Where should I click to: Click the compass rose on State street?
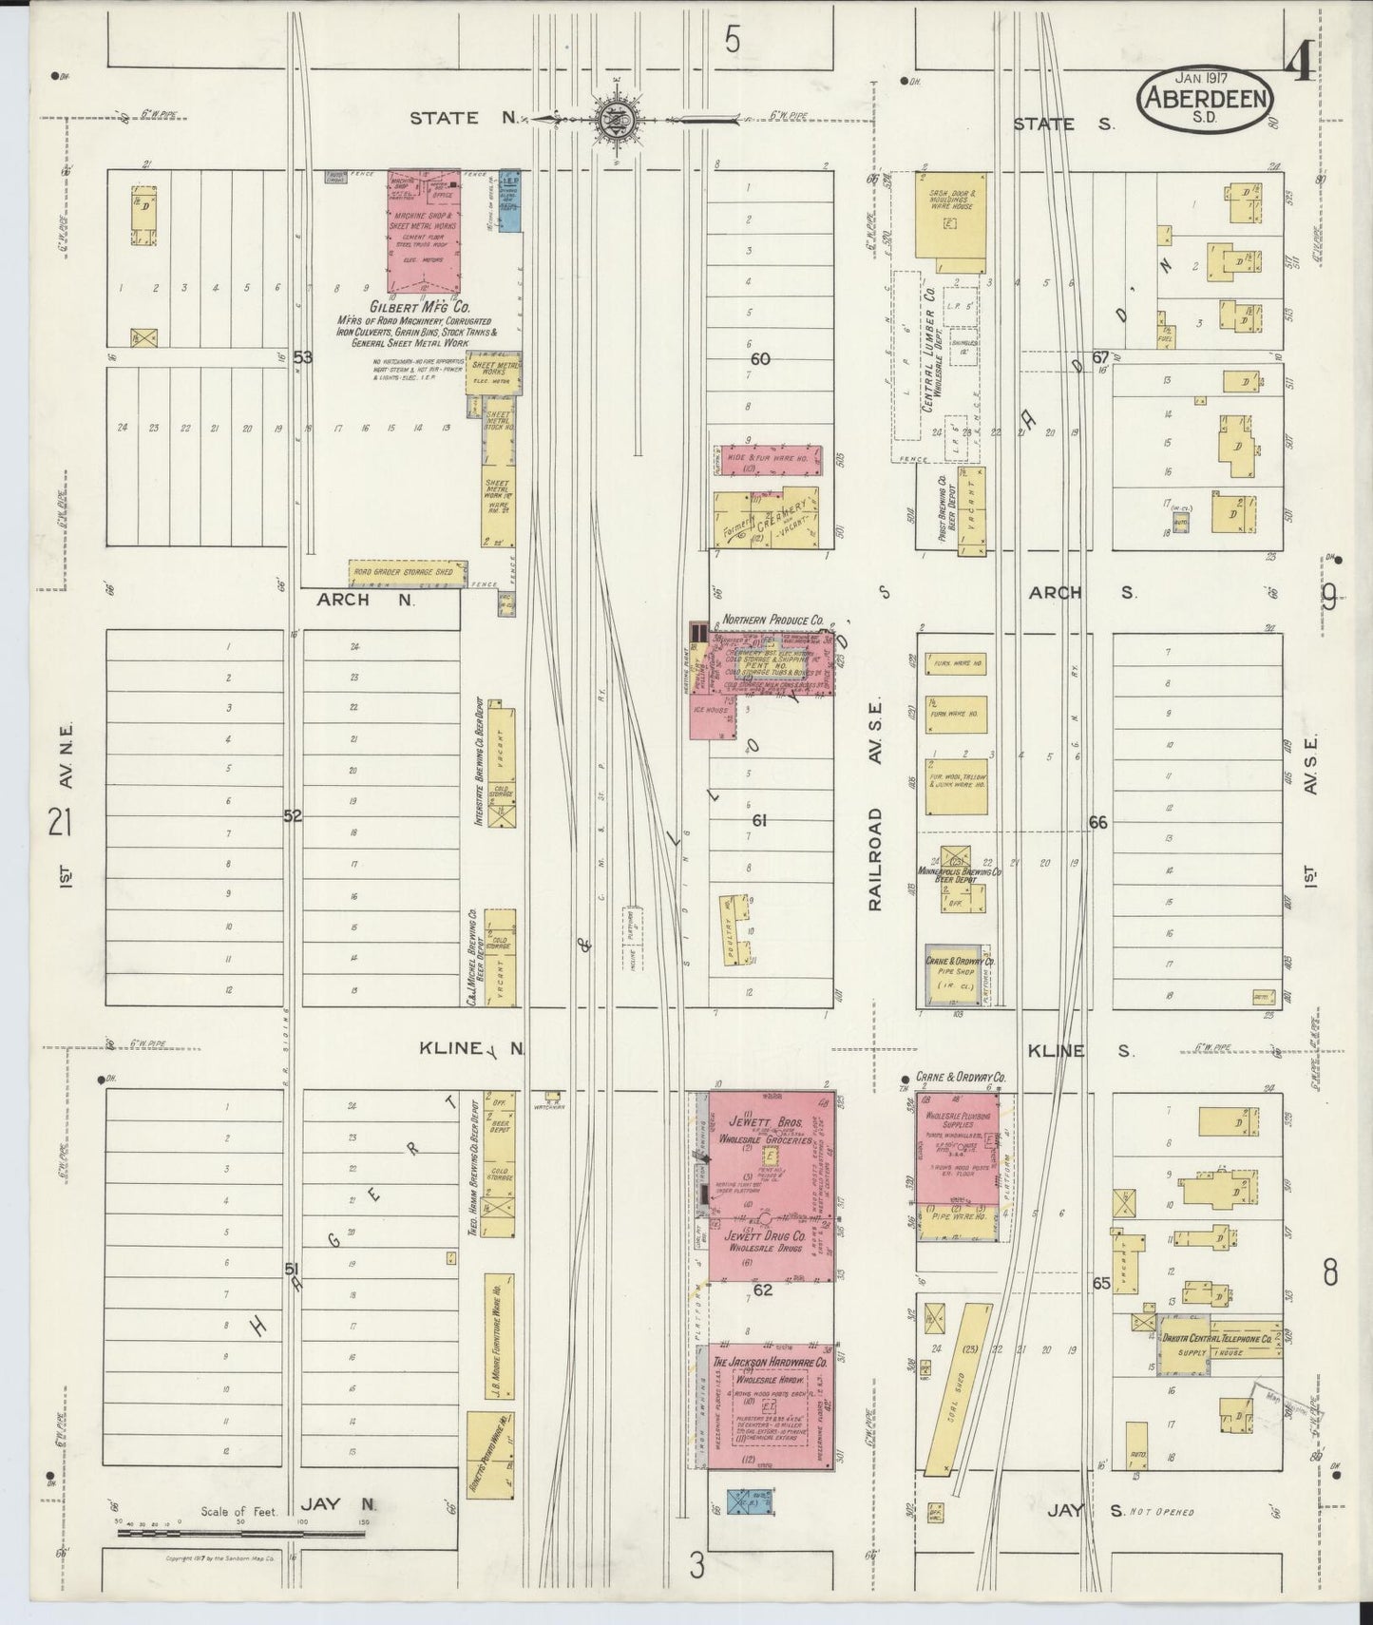pos(617,119)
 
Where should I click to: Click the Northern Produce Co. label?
pos(772,620)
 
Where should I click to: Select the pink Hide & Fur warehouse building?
pos(770,460)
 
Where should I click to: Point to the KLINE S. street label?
pos(1080,1050)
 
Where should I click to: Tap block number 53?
pos(302,357)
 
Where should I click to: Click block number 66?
pos(1097,823)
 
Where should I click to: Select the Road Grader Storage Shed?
pos(408,572)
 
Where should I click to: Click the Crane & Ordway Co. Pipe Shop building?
pos(956,975)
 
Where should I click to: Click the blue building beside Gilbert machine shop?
pos(509,201)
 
